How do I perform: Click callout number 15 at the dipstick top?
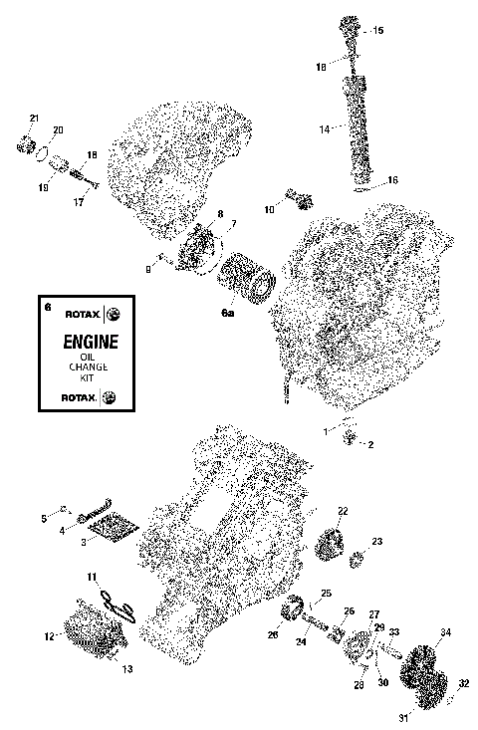pos(377,32)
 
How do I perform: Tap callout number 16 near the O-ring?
pos(392,180)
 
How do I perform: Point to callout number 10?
pos(269,210)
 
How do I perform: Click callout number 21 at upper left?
pos(33,120)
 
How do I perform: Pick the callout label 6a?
pos(227,313)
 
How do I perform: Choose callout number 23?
pos(377,541)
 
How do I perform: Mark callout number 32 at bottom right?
pos(463,683)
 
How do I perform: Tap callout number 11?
pos(91,578)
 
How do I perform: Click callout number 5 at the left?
pos(44,519)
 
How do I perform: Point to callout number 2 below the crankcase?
pos(370,443)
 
